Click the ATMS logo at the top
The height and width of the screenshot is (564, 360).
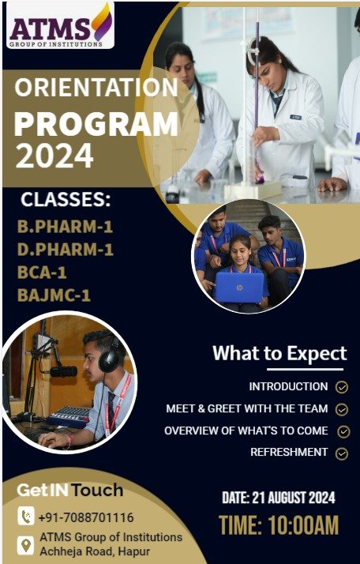tap(61, 25)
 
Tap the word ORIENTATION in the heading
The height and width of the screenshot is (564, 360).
tap(96, 88)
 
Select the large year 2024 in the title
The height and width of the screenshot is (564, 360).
tap(54, 156)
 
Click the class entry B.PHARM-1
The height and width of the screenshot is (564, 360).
tap(65, 227)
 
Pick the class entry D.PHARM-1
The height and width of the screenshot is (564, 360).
tap(66, 250)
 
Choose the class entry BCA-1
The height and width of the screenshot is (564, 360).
tap(42, 273)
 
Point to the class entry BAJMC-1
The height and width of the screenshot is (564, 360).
tap(54, 295)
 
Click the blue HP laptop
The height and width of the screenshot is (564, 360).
tap(239, 287)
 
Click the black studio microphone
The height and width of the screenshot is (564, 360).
tap(63, 371)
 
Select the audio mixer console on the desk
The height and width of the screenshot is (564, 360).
tap(69, 416)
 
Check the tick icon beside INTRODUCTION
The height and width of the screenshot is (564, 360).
tap(342, 387)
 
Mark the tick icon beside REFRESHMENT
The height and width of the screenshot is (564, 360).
tap(342, 453)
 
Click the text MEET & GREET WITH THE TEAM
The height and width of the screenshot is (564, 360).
tap(247, 408)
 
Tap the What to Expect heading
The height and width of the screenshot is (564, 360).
tap(279, 353)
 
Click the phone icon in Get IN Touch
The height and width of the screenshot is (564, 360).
tap(26, 516)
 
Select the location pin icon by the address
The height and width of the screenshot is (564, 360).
tap(26, 545)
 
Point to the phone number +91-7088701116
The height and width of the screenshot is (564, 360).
tap(86, 517)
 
